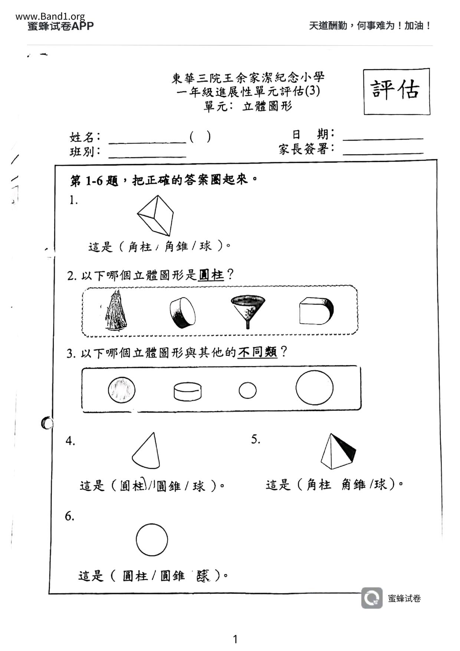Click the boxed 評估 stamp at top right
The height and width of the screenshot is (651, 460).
(x=396, y=91)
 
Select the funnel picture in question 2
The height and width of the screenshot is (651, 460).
(x=247, y=310)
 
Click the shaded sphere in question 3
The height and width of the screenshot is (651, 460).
(x=122, y=390)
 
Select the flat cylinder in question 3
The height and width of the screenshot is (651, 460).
(x=188, y=392)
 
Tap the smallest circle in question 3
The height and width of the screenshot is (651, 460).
(x=247, y=390)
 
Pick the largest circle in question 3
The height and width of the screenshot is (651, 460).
(x=314, y=388)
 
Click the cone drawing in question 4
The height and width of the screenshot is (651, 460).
(x=147, y=451)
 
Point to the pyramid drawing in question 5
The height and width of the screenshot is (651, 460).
(x=338, y=452)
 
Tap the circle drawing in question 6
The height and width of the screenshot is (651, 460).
(x=152, y=540)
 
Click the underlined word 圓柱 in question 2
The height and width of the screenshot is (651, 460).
(x=211, y=275)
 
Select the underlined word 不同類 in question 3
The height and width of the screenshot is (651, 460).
(x=257, y=352)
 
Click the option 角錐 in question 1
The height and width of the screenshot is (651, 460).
(x=176, y=246)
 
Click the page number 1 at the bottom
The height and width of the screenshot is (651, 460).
(x=235, y=639)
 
